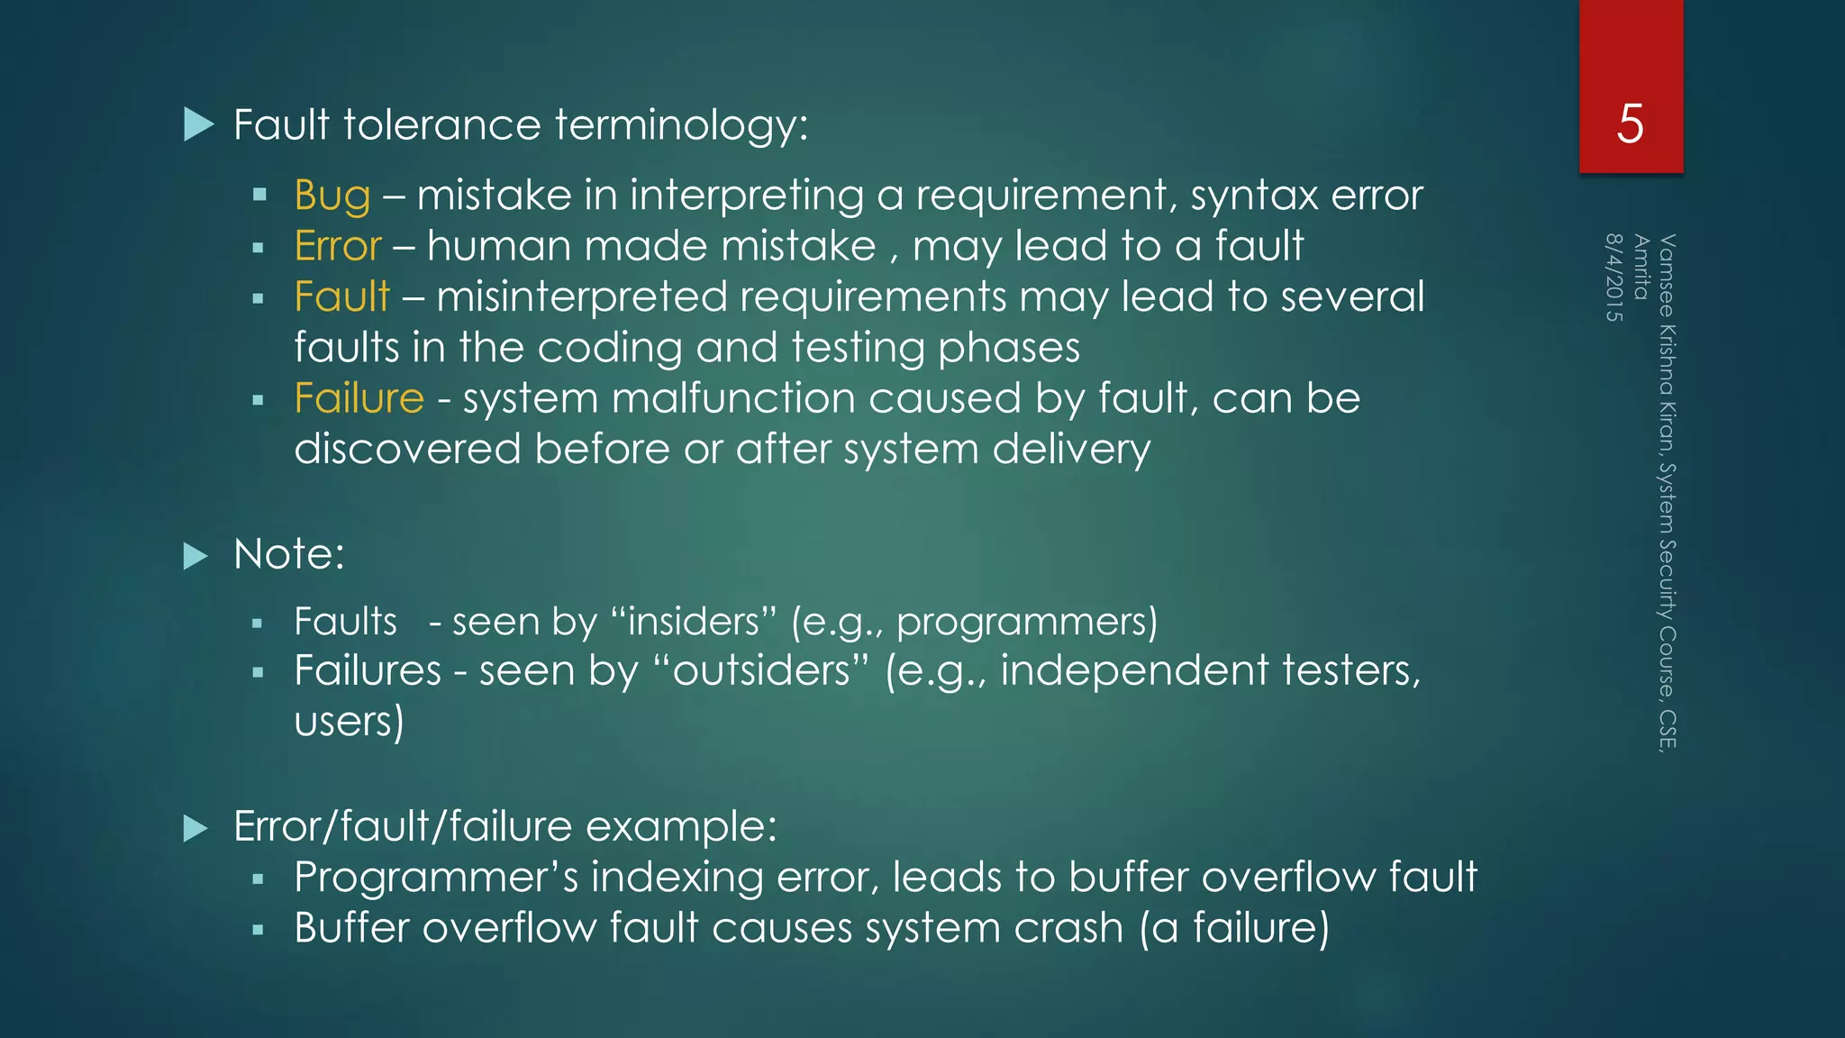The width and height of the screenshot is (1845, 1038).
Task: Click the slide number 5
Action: [1630, 123]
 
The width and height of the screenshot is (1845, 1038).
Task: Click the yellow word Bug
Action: [332, 196]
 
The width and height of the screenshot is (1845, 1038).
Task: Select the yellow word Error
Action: [338, 246]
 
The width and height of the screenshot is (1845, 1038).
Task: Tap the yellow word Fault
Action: [341, 297]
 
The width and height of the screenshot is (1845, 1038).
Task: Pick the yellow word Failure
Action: [359, 398]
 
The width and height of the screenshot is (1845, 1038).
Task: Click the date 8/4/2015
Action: [1613, 278]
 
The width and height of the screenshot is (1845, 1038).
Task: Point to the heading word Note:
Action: [288, 554]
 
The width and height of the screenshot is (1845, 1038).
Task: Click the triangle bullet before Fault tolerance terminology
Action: [197, 124]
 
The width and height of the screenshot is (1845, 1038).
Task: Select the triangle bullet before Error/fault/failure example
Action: [195, 827]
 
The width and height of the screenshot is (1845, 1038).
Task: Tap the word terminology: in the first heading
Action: [681, 124]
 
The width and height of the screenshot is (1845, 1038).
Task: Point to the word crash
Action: [1068, 928]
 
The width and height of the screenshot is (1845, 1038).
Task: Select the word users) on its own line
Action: [349, 722]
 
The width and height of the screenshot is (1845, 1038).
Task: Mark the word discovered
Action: [407, 449]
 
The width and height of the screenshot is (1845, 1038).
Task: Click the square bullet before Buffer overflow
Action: [258, 930]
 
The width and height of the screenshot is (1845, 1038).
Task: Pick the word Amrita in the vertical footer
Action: [1641, 267]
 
